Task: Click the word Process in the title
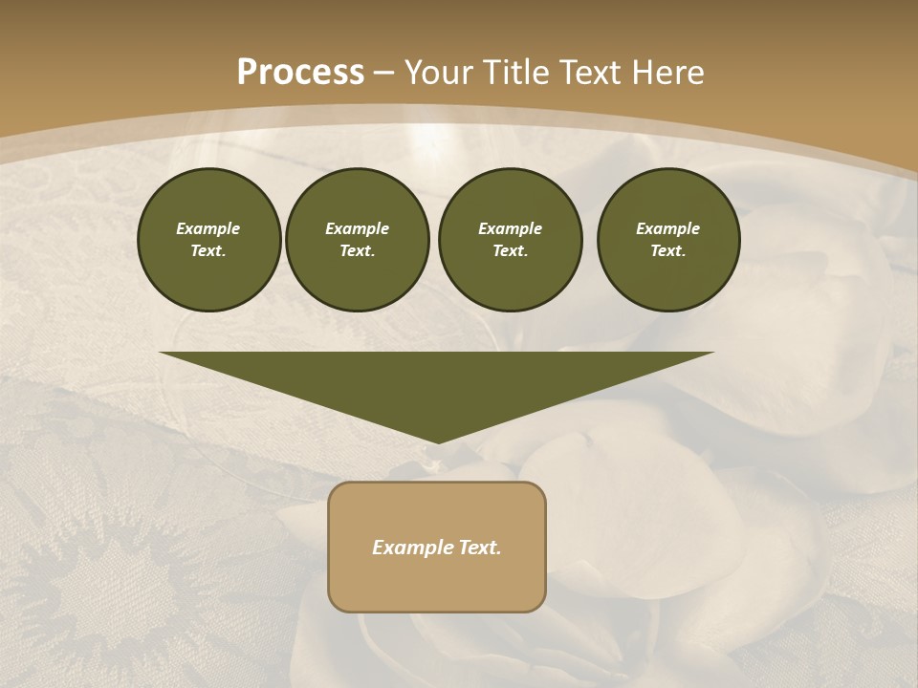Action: coord(300,72)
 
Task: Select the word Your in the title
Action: coord(436,72)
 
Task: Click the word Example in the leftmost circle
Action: coord(208,228)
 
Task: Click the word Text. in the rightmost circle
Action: coord(667,251)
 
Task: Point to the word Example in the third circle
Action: coord(510,228)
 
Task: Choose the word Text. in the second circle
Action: coord(357,251)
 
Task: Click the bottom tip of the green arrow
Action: coord(437,440)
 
